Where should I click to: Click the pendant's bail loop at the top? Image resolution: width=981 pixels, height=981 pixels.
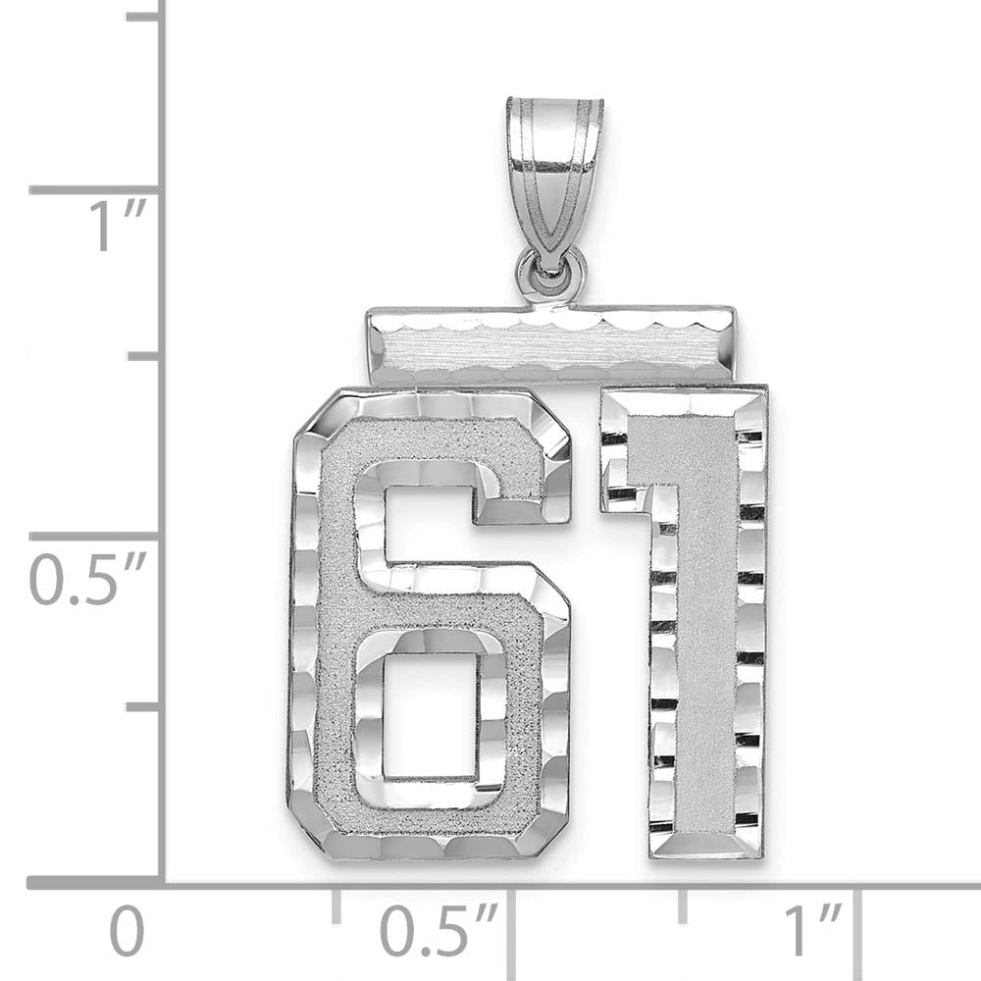click(554, 167)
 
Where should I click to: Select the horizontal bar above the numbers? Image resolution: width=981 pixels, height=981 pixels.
click(551, 345)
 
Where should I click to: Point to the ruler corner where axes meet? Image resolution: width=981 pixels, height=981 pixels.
click(162, 883)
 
